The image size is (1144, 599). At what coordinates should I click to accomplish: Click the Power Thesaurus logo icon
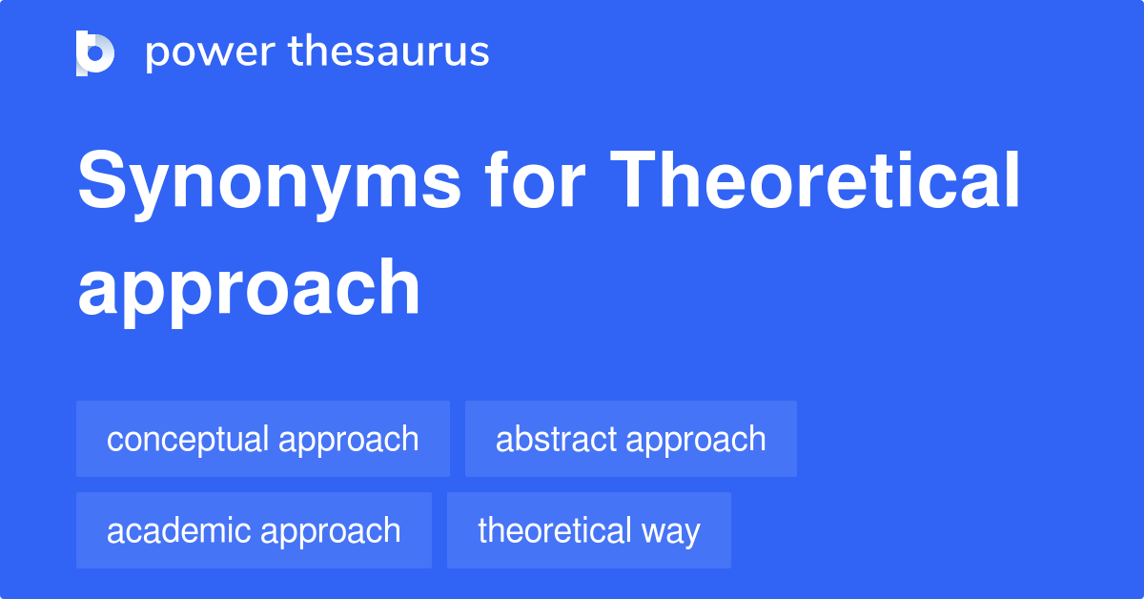point(95,52)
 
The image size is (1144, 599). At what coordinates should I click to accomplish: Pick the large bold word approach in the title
point(249,289)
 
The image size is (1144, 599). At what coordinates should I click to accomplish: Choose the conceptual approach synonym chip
point(263,439)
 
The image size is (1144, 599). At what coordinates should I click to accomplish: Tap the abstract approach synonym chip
point(631,439)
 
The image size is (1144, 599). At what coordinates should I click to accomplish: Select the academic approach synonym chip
point(254,530)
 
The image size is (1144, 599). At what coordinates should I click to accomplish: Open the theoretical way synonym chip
point(589,530)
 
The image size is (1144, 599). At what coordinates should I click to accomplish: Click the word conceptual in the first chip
point(188,439)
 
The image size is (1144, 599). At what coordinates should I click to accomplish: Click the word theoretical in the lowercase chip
point(555,530)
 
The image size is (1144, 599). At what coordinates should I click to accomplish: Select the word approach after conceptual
point(349,440)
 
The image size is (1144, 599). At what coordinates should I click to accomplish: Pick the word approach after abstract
point(697,440)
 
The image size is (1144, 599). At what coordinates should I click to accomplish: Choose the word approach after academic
point(331,531)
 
